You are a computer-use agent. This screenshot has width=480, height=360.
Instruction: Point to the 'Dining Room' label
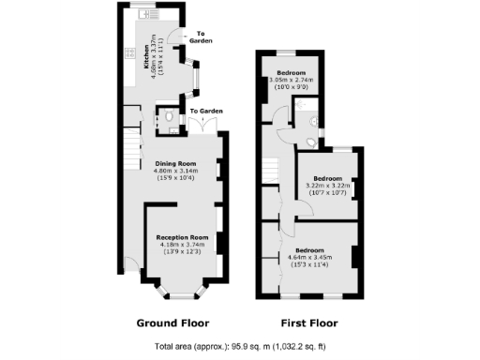178,164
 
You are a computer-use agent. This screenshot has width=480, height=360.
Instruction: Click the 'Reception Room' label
182,238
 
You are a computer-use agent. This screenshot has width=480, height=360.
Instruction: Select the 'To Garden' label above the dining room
206,112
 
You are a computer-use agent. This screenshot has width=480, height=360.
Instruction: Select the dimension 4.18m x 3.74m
182,246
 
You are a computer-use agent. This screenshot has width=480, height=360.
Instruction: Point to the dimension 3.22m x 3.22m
327,186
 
